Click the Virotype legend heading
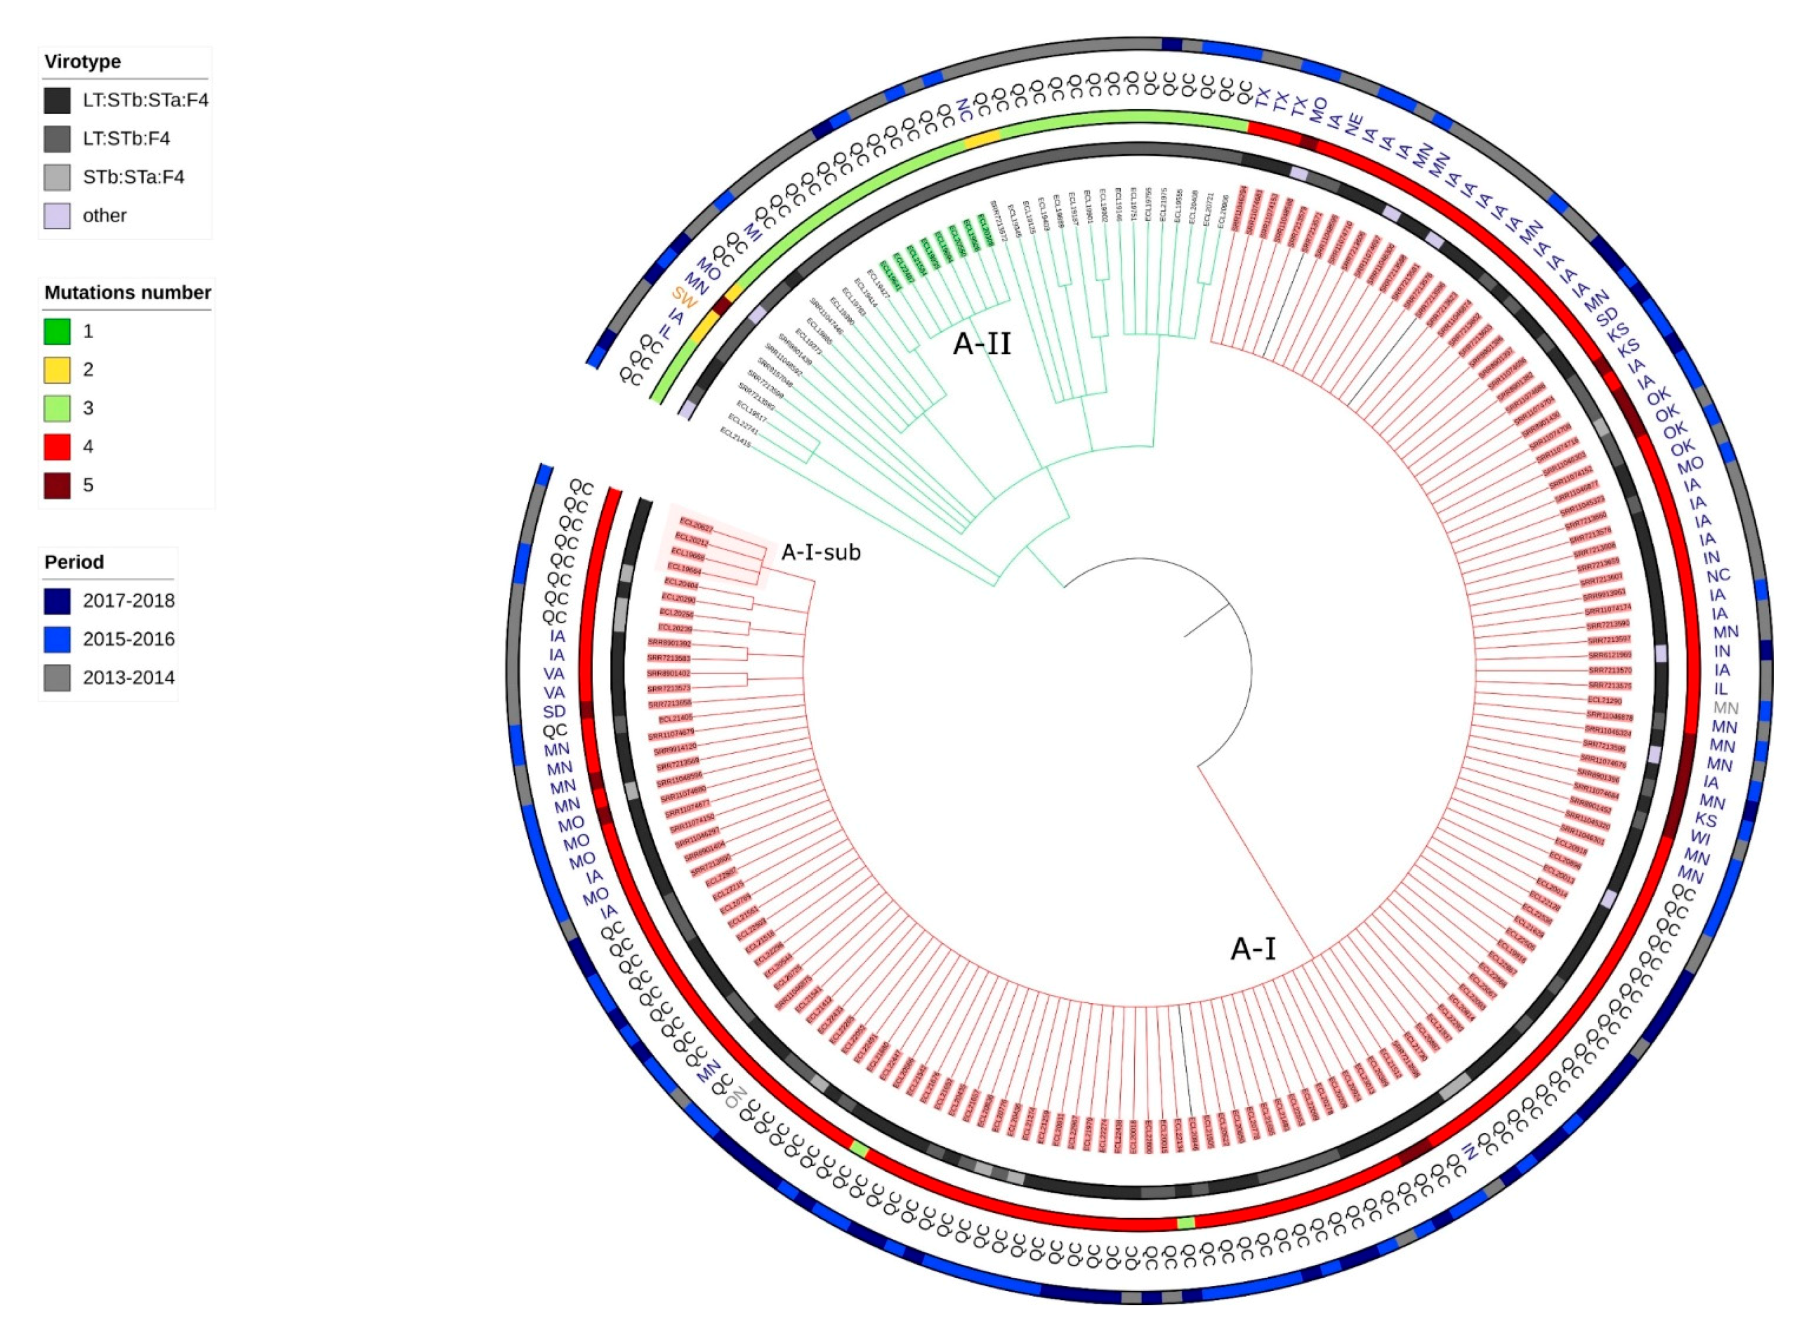(x=82, y=61)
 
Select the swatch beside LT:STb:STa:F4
(x=57, y=100)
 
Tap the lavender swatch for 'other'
(x=57, y=216)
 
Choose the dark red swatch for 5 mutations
(x=57, y=485)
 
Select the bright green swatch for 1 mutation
(x=57, y=331)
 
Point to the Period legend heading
(x=74, y=562)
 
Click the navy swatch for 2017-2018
(x=57, y=601)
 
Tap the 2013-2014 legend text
(x=128, y=678)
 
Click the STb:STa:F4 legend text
(x=133, y=177)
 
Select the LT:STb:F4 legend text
(x=126, y=139)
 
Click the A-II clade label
(x=982, y=344)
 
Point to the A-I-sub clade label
(x=820, y=552)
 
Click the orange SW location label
(x=686, y=302)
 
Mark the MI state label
(x=753, y=232)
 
